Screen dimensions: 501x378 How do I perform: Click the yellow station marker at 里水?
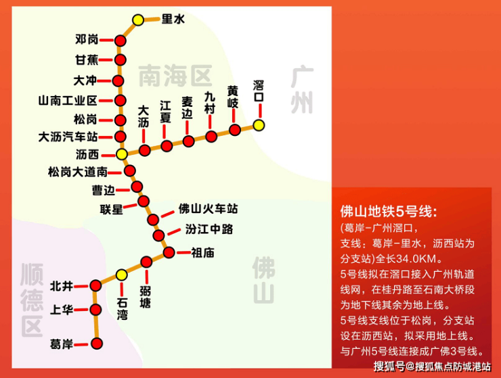click(x=138, y=20)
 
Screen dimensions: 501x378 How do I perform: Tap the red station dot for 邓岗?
click(x=121, y=41)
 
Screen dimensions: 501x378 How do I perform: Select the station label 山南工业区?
click(x=68, y=101)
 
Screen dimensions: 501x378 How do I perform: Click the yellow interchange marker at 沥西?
click(x=122, y=154)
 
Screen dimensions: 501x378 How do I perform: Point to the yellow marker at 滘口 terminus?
click(x=259, y=125)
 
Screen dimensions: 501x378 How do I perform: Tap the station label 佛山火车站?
click(x=208, y=209)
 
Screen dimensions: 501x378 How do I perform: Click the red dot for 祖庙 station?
click(x=169, y=252)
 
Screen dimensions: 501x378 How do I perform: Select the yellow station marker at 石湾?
click(x=121, y=275)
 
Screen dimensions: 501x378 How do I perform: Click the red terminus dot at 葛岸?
click(x=97, y=344)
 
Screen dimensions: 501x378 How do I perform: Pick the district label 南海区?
click(x=175, y=76)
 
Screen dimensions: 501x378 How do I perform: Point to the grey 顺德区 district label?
click(x=32, y=300)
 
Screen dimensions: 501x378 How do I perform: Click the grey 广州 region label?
click(x=302, y=91)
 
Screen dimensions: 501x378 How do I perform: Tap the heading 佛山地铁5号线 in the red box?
click(x=388, y=212)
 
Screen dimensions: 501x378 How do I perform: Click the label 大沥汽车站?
click(x=68, y=137)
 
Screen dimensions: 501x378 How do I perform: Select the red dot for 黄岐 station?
click(x=235, y=130)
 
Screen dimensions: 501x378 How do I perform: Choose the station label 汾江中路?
click(x=209, y=229)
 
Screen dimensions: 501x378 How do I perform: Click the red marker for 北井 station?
click(x=95, y=286)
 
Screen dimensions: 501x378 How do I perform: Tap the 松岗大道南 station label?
click(x=78, y=172)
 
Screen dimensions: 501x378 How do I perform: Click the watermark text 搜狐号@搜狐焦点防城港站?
click(x=433, y=367)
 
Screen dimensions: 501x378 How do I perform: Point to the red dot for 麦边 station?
click(x=188, y=141)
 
